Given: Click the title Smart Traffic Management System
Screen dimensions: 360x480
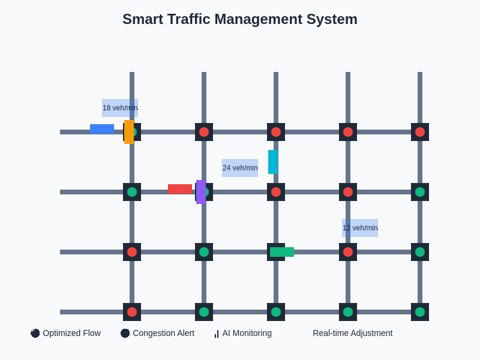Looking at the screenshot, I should pyautogui.click(x=240, y=19).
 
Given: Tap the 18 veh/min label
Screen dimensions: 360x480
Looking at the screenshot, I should pyautogui.click(x=120, y=108).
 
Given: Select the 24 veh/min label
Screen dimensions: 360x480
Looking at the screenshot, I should pyautogui.click(x=240, y=168).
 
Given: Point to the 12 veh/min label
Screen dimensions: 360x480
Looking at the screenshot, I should pyautogui.click(x=360, y=228).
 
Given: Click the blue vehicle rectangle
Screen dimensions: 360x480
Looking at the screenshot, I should pyautogui.click(x=102, y=129).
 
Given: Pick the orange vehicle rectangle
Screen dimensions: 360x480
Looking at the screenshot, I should pyautogui.click(x=129, y=132).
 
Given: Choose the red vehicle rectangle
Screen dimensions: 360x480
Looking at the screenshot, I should pyautogui.click(x=179, y=189).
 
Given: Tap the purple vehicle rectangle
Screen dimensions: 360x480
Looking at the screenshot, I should pyautogui.click(x=201, y=192).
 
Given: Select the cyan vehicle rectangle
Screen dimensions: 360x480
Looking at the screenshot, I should pyautogui.click(x=273, y=162).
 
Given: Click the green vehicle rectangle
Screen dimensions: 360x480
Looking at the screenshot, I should pyautogui.click(x=282, y=252).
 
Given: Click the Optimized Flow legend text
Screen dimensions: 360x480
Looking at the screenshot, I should pyautogui.click(x=71, y=333).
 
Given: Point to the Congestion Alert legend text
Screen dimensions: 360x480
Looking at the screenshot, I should pyautogui.click(x=163, y=333).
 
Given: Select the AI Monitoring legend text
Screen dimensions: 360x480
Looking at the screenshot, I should pyautogui.click(x=247, y=333).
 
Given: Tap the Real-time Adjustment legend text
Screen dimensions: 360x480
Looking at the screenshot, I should pyautogui.click(x=352, y=333).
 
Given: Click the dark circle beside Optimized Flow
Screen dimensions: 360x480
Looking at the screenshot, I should pyautogui.click(x=35, y=333).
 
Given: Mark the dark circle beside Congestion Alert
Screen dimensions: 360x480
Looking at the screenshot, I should pyautogui.click(x=125, y=333).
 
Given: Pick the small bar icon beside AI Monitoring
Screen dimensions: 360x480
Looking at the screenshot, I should pyautogui.click(x=217, y=334).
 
